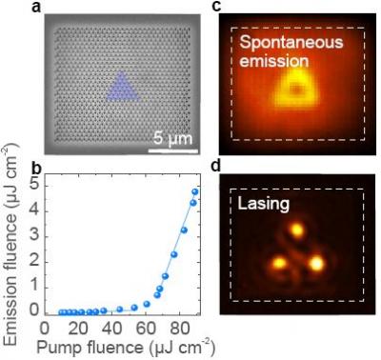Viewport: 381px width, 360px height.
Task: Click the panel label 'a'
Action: coord(37,7)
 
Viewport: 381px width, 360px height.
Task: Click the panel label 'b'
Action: coord(37,169)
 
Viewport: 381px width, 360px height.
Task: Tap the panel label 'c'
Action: coord(216,7)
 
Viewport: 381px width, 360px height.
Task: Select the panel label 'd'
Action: coord(216,166)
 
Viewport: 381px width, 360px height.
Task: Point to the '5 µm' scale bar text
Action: coord(173,138)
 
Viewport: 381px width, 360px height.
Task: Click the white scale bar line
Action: coord(173,151)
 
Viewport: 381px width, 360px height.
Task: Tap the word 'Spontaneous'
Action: coord(291,43)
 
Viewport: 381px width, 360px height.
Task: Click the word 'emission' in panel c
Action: coord(273,61)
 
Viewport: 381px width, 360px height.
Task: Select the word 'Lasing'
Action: coord(264,204)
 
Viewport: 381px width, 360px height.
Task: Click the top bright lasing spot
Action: coord(297,230)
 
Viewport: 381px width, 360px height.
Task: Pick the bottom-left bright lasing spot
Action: coord(279,263)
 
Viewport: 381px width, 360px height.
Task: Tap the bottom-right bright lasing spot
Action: coord(317,264)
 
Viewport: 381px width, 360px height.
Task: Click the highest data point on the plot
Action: coord(195,191)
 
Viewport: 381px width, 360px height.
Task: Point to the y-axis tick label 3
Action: coord(34,236)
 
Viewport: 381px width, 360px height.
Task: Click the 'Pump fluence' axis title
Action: coord(126,347)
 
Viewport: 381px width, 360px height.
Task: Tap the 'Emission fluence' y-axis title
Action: coord(10,245)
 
